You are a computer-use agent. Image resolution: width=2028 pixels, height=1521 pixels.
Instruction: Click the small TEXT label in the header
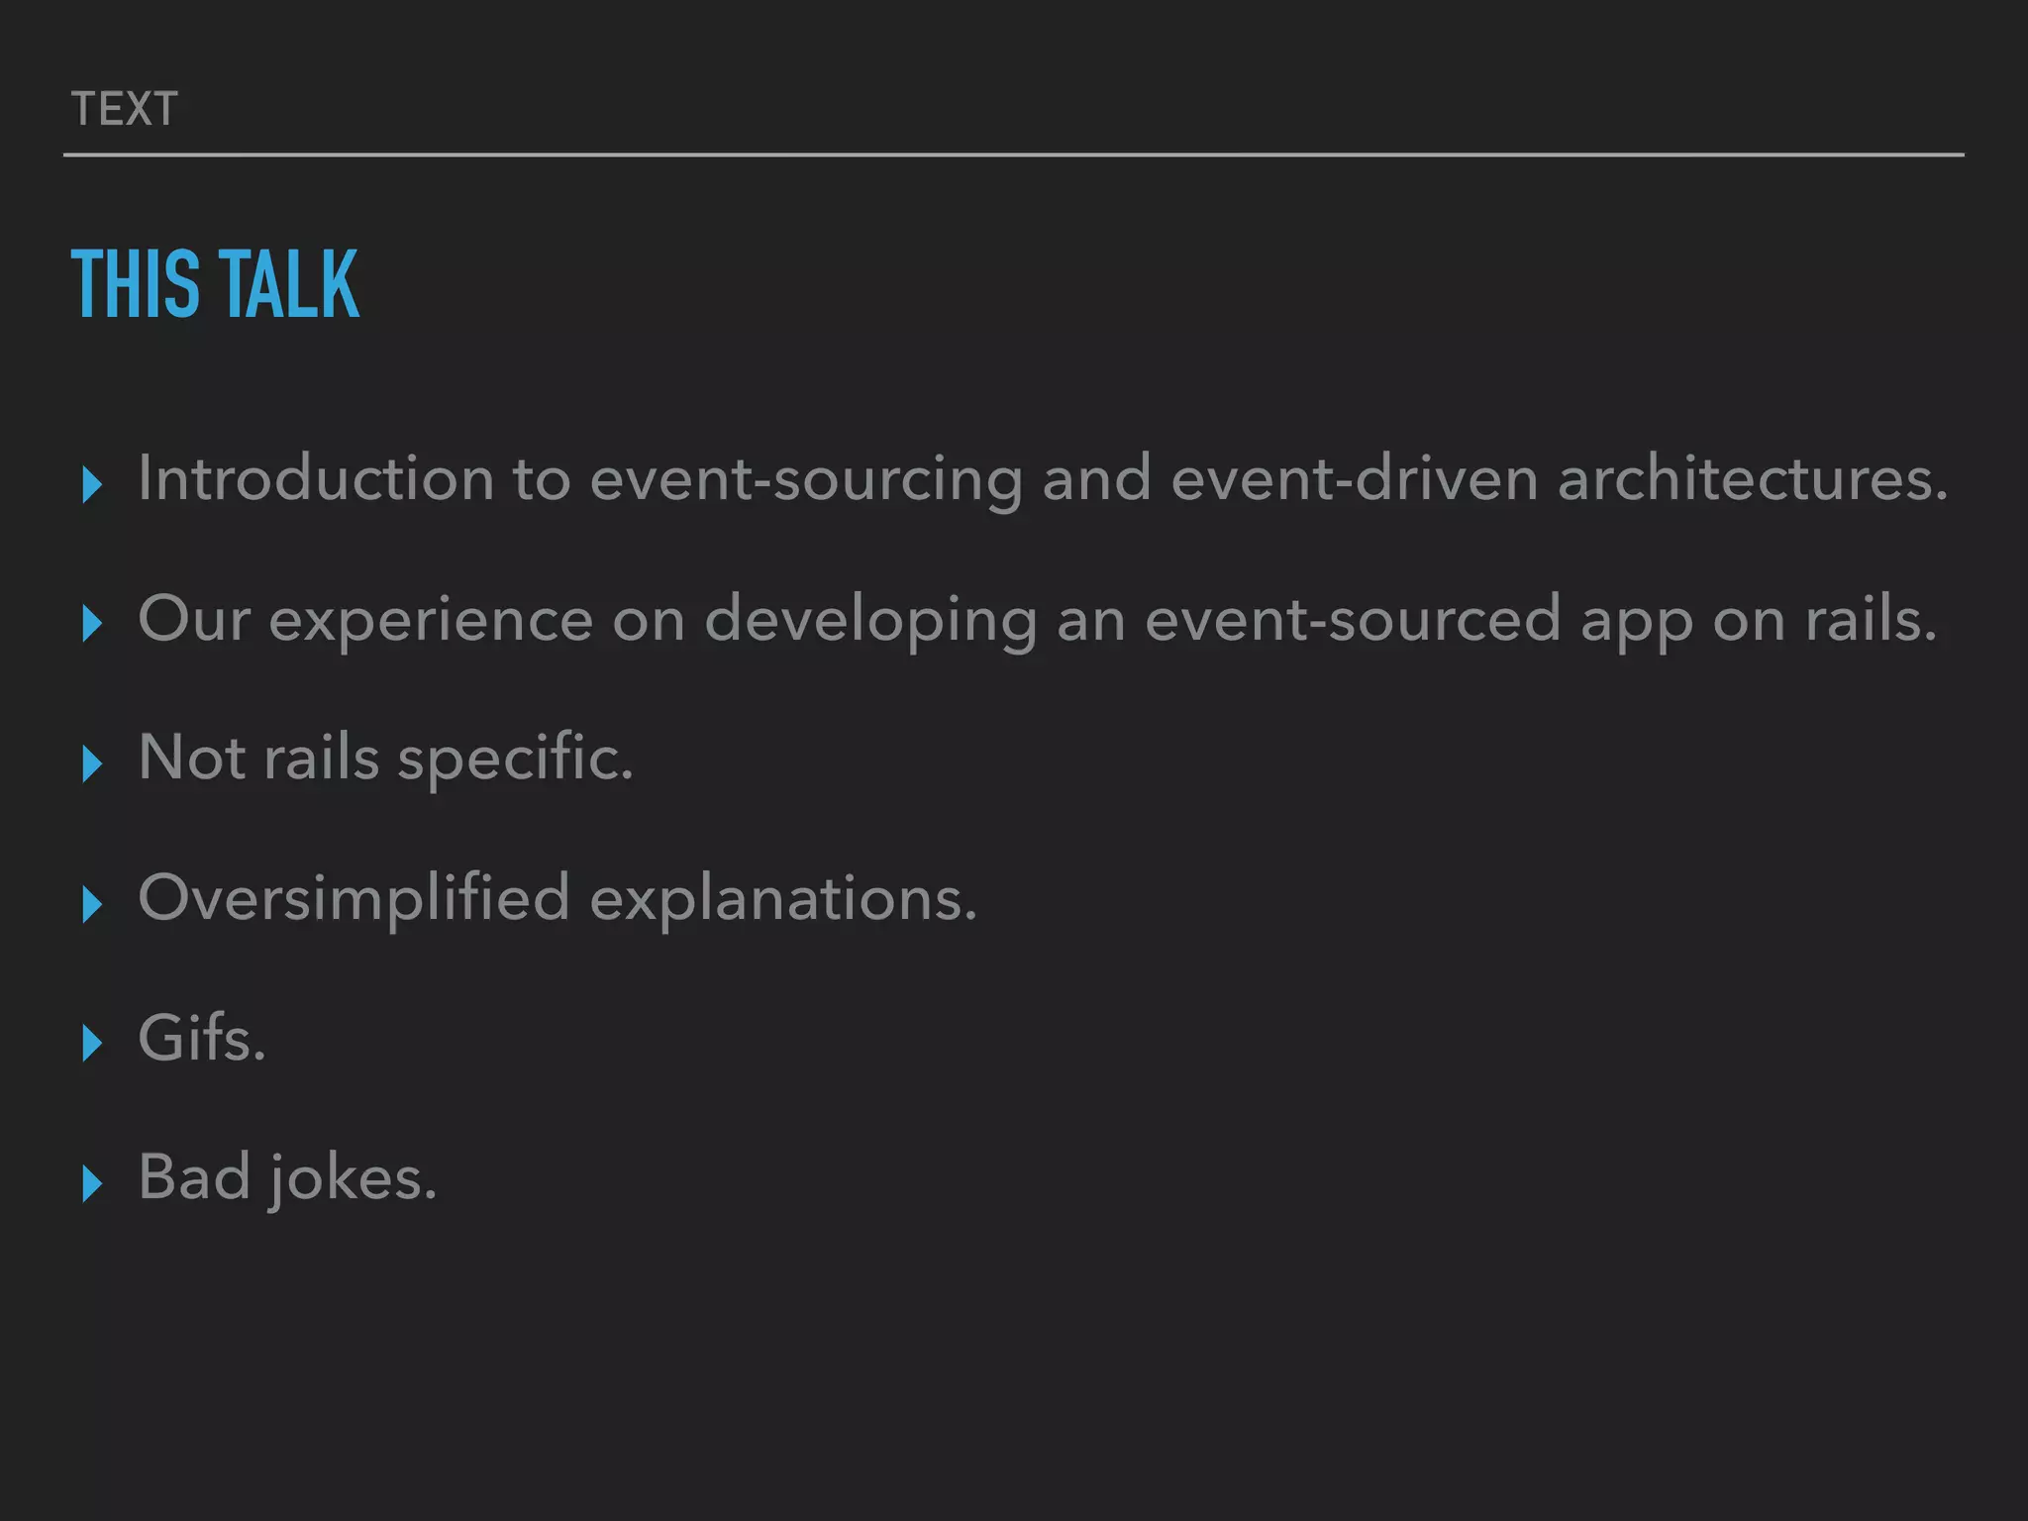125,109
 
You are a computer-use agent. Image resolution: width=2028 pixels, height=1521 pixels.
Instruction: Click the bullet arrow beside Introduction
92,484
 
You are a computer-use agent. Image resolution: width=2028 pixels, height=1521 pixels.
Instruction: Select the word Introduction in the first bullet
315,479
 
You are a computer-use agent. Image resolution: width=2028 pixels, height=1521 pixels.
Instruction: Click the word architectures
1752,479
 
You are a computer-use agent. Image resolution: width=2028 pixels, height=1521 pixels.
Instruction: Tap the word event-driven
1354,479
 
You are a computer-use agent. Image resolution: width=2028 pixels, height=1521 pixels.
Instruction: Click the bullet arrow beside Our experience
92,624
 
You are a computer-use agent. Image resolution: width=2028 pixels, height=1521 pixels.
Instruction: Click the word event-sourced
1352,620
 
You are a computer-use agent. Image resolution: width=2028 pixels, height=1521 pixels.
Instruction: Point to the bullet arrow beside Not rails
92,763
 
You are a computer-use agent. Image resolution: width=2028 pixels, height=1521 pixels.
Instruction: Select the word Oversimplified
354,899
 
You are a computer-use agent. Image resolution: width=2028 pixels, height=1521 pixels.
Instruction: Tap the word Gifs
202,1039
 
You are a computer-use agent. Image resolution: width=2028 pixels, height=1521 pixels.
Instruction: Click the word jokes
352,1180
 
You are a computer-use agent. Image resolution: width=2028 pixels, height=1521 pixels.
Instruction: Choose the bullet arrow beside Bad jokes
92,1183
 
